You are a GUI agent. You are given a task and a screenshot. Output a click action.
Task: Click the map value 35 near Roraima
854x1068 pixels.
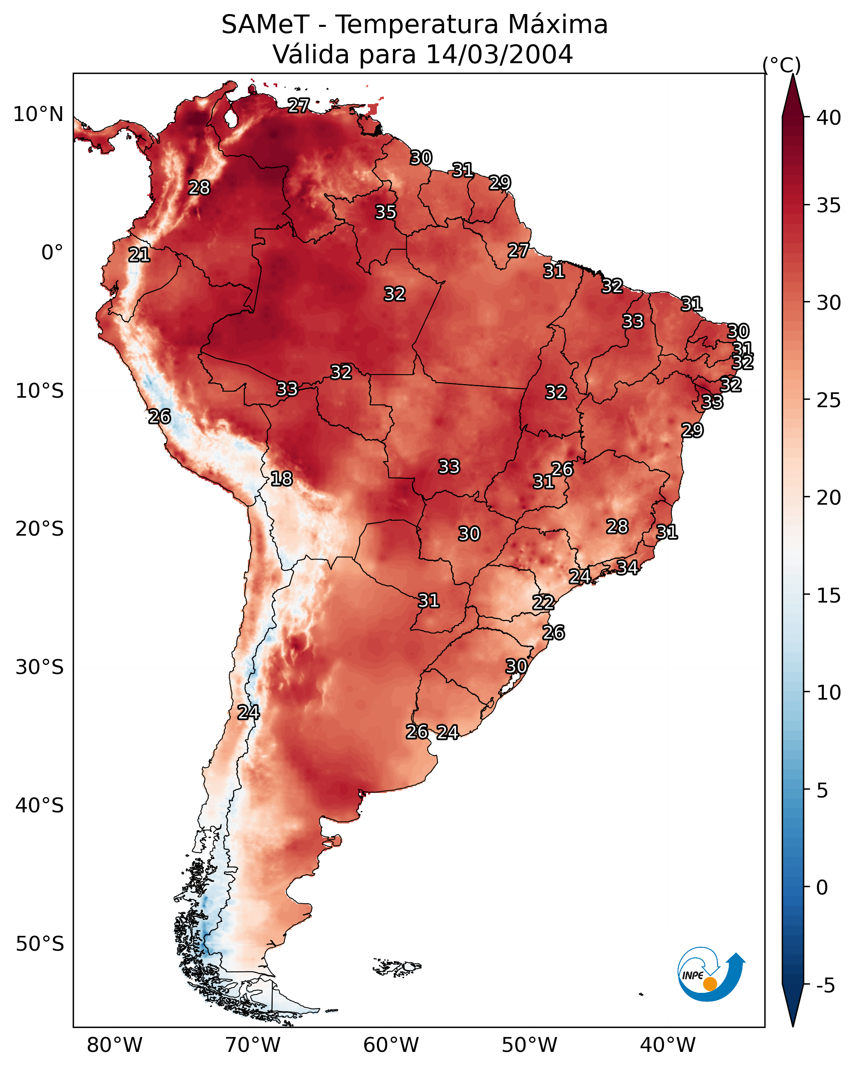click(x=385, y=212)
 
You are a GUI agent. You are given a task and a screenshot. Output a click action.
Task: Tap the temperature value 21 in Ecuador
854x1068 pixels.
click(x=139, y=255)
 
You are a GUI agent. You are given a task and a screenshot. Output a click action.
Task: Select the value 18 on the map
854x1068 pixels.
click(x=281, y=479)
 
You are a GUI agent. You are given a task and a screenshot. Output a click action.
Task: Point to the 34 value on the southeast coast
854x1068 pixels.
click(x=627, y=567)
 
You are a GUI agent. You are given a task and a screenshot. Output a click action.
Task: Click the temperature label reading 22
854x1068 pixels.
click(x=543, y=603)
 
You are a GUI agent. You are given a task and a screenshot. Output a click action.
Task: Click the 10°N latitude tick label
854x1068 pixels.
click(x=38, y=114)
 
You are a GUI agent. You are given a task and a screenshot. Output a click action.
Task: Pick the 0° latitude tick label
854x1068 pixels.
click(x=52, y=253)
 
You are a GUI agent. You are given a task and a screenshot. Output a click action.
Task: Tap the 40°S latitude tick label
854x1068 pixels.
click(x=40, y=806)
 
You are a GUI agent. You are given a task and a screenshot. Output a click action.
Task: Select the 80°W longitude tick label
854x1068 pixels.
click(x=114, y=1045)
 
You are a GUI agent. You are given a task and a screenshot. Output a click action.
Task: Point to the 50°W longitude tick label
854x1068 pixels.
click(x=529, y=1045)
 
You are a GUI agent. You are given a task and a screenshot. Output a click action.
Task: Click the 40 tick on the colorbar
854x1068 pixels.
click(x=829, y=118)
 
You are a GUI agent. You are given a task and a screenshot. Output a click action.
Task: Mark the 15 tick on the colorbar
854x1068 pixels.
click(x=829, y=596)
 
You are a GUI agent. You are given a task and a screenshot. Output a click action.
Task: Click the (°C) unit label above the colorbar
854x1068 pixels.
click(x=782, y=65)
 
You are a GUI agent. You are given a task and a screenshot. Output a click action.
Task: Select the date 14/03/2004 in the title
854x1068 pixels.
click(x=499, y=55)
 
